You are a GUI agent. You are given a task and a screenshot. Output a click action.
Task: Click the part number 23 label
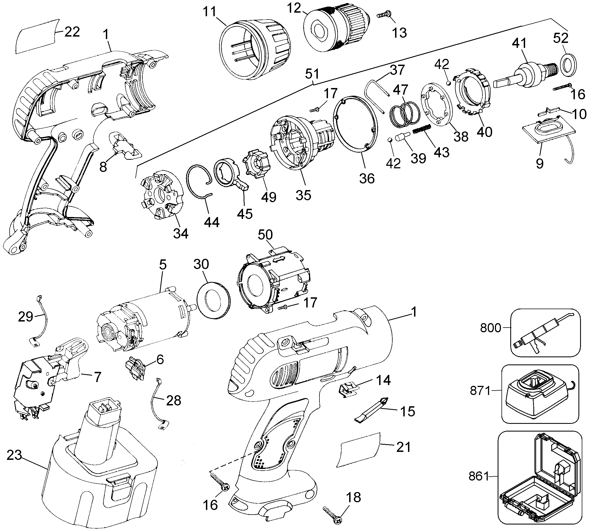coord(14,455)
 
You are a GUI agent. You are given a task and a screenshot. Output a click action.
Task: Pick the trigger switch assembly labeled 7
coord(49,378)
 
